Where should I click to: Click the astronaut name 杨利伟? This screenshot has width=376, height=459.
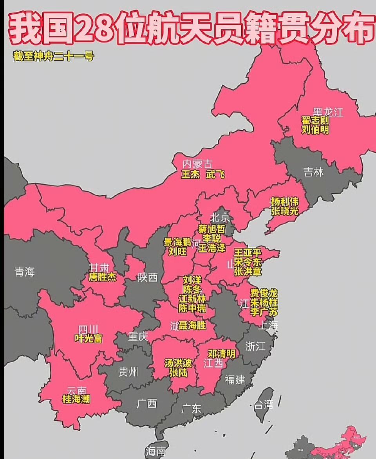coord(285,202)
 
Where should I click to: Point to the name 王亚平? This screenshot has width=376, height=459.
coord(248,253)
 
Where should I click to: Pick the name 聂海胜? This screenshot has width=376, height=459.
coord(192,326)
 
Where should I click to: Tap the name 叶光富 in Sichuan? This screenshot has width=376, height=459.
coord(89,338)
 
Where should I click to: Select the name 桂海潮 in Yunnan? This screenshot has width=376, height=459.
coord(76,399)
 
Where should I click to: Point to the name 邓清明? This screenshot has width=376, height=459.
coord(222,354)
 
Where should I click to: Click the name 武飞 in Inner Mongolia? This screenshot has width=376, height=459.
coord(215,174)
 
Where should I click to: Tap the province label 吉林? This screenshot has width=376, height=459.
coord(314,172)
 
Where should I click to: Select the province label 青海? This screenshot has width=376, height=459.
coord(25,272)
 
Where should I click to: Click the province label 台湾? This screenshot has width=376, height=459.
coord(263,405)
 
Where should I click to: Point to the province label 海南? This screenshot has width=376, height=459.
coord(155,452)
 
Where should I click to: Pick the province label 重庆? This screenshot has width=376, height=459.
coord(137,336)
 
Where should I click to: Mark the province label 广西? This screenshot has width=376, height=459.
coord(147,403)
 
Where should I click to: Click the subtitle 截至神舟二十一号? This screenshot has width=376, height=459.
coord(54,56)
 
